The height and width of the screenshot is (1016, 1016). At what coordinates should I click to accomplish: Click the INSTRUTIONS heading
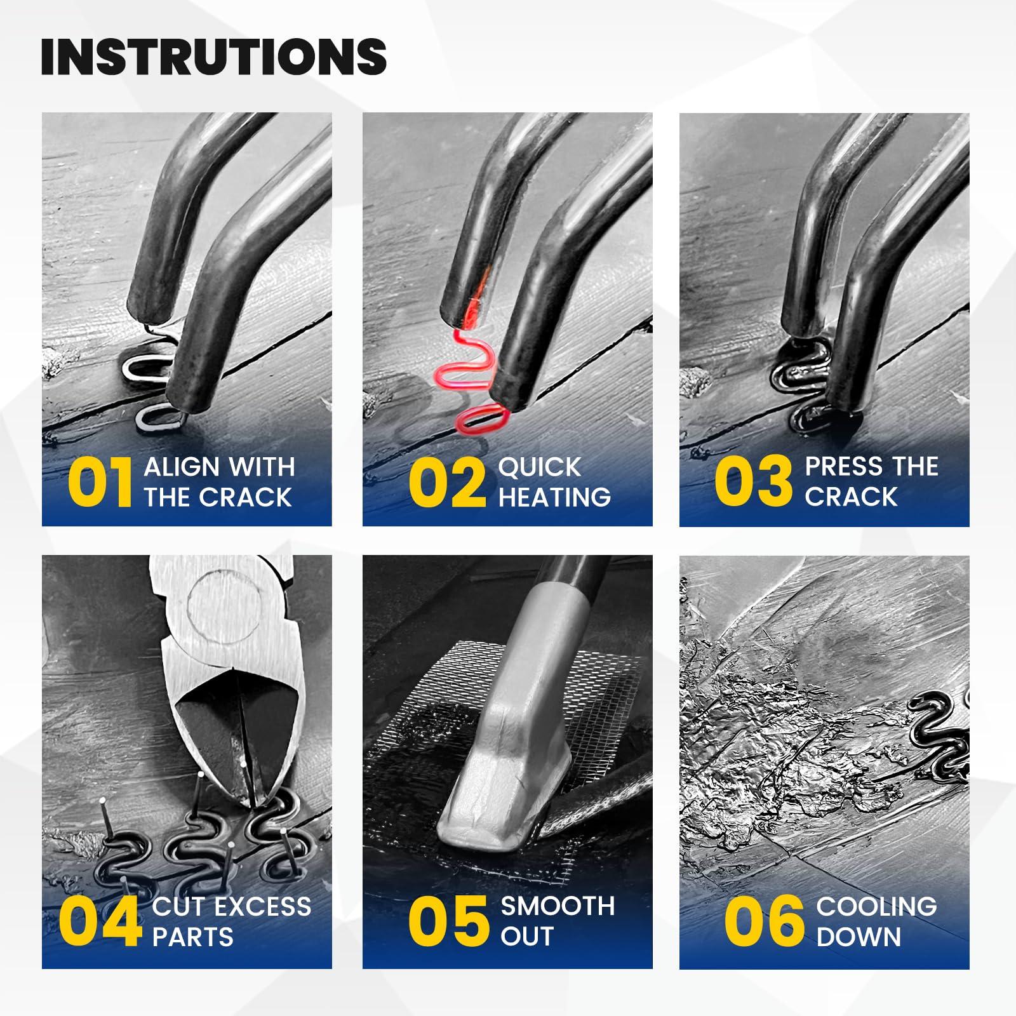pyautogui.click(x=214, y=57)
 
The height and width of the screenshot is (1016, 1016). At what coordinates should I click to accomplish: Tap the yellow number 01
pyautogui.click(x=100, y=483)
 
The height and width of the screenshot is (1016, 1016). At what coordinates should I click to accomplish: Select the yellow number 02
pyautogui.click(x=448, y=483)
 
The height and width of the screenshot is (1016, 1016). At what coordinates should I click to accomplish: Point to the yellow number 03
pyautogui.click(x=754, y=481)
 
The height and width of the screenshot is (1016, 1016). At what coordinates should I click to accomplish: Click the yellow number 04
pyautogui.click(x=100, y=921)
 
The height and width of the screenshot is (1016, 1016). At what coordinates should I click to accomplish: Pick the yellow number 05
pyautogui.click(x=449, y=921)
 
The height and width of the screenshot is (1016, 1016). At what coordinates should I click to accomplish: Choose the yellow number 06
pyautogui.click(x=765, y=921)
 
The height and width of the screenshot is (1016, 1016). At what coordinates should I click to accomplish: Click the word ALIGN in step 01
pyautogui.click(x=182, y=467)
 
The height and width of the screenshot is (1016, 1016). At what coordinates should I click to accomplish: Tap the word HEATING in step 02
pyautogui.click(x=555, y=497)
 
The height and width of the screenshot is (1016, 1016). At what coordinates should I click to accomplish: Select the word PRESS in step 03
pyautogui.click(x=843, y=467)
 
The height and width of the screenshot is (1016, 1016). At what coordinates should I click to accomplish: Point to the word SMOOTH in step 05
pyautogui.click(x=558, y=906)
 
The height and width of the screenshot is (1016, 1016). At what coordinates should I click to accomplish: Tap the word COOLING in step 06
pyautogui.click(x=877, y=906)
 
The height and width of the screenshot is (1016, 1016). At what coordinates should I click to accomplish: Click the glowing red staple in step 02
pyautogui.click(x=473, y=381)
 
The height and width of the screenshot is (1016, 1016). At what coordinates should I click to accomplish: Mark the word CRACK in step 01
pyautogui.click(x=245, y=497)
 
